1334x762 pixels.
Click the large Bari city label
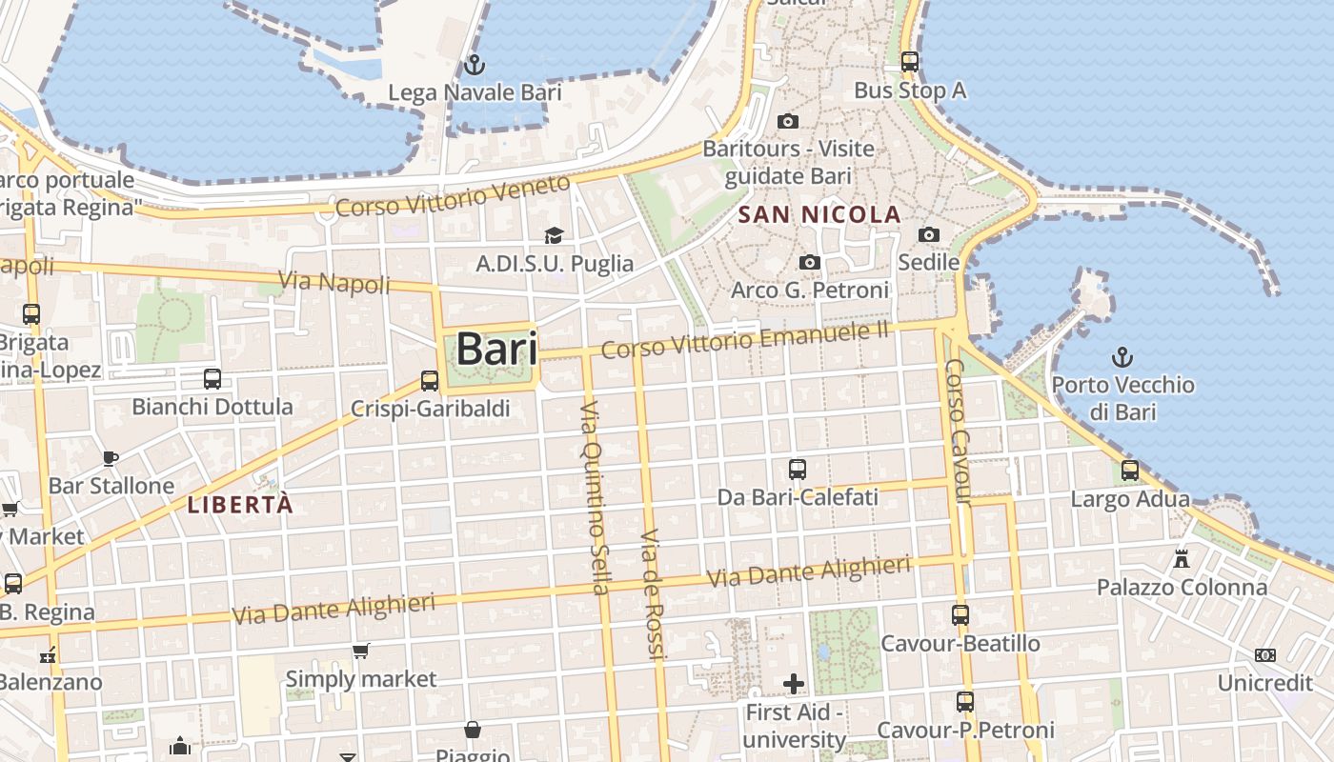click(495, 349)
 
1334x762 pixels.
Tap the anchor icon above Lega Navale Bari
click(474, 65)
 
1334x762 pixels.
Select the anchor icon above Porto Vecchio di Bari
click(1122, 358)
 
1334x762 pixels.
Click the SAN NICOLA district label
click(819, 215)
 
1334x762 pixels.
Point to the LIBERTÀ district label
click(240, 506)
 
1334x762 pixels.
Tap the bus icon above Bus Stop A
click(910, 62)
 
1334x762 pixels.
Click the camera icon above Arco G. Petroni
click(809, 262)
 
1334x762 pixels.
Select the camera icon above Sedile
click(928, 234)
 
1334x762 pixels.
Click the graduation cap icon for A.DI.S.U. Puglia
click(554, 235)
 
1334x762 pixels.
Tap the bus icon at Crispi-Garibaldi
click(430, 381)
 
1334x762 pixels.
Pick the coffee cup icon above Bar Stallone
click(111, 458)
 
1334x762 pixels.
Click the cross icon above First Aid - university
click(794, 684)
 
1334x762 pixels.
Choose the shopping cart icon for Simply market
click(361, 652)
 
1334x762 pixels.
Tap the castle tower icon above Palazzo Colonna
click(1182, 558)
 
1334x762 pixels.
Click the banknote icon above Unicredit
click(1264, 655)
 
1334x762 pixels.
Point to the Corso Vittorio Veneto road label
click(453, 194)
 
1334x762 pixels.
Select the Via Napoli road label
click(334, 283)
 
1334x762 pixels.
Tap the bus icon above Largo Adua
click(1130, 470)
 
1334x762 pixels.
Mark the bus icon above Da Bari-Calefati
click(798, 470)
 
